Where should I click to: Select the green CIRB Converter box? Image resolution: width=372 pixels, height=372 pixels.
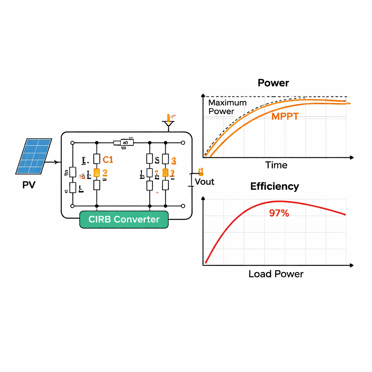(124, 219)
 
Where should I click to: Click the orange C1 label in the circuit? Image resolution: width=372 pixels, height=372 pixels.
(108, 159)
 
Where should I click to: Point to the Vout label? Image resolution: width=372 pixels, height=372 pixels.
(205, 182)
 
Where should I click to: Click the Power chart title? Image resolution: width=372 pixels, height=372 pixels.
(273, 83)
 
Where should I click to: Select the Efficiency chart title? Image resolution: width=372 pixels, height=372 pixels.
(275, 186)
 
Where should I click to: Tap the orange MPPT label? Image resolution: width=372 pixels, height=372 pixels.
(285, 116)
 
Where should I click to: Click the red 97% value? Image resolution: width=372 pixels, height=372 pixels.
(279, 213)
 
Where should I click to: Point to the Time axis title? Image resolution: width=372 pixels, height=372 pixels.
(276, 165)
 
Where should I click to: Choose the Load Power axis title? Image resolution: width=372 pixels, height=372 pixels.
(276, 274)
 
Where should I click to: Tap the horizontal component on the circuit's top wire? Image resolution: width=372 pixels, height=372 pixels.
(124, 143)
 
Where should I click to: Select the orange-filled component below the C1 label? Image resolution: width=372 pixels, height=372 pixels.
(97, 173)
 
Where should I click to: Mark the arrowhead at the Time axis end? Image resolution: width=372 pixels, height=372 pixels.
(351, 158)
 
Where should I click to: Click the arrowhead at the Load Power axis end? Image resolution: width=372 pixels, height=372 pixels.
(351, 266)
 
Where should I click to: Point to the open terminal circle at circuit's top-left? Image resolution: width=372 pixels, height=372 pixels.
(72, 143)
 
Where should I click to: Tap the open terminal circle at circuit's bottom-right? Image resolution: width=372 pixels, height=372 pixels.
(183, 206)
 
